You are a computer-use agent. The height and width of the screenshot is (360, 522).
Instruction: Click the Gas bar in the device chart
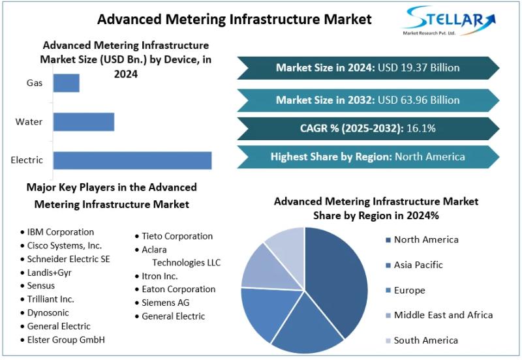[x=66, y=83]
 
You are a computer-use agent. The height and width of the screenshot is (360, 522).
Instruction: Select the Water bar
[x=84, y=122]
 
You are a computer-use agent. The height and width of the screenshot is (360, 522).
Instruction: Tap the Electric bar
[x=132, y=160]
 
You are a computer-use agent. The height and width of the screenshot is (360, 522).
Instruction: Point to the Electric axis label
[x=27, y=160]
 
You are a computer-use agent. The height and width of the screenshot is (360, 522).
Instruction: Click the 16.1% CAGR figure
[x=422, y=128]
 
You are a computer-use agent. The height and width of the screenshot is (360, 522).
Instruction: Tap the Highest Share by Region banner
[x=367, y=157]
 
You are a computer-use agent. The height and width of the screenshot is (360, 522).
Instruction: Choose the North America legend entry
[x=425, y=240]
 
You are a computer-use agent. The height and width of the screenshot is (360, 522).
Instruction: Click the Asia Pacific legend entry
[x=418, y=265]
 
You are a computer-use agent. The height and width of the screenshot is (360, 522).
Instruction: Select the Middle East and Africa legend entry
[x=443, y=315]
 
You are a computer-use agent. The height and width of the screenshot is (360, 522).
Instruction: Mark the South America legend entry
[x=425, y=340]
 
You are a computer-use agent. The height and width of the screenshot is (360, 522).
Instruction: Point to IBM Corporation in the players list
[x=60, y=232]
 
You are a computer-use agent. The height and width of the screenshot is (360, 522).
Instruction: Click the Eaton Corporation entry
[x=178, y=289]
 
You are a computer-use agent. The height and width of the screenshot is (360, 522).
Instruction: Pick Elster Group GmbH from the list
[x=65, y=340]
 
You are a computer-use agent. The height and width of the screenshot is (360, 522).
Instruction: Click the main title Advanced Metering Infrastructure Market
[x=234, y=19]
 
